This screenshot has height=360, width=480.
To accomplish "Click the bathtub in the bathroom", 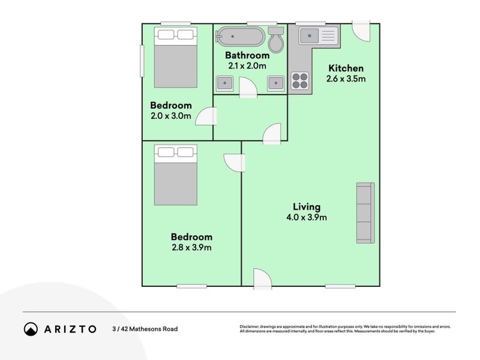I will (x=240, y=37).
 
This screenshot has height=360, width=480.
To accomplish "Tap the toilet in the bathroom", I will (x=277, y=40).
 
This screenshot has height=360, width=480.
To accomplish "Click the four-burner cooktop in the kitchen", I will (x=300, y=80).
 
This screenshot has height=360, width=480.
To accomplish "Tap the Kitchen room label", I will (x=346, y=68).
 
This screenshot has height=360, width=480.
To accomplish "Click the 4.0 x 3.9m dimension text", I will (x=307, y=217).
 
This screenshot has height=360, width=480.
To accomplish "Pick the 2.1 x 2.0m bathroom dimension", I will (x=247, y=66).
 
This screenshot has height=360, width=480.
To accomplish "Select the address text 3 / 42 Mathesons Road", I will (x=145, y=329).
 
